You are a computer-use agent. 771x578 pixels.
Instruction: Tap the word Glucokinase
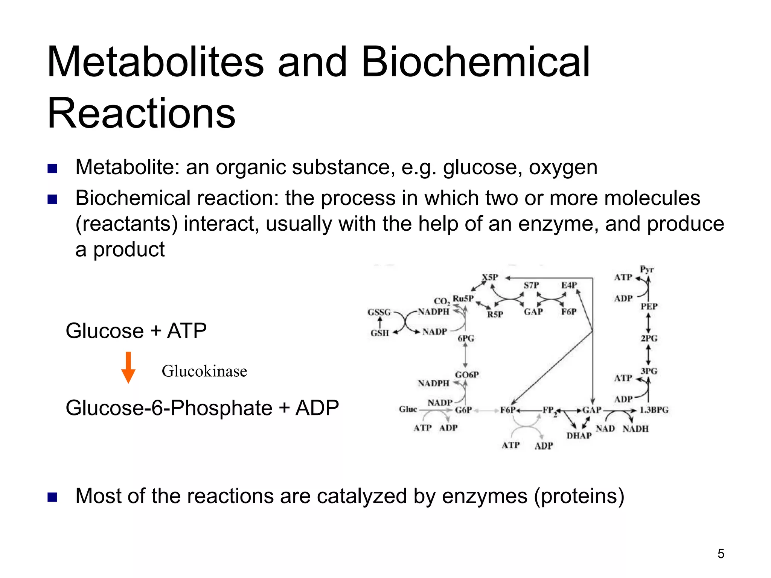[x=204, y=371]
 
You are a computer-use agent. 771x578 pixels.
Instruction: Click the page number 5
[x=721, y=554]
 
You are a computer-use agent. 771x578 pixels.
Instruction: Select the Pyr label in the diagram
[x=647, y=269]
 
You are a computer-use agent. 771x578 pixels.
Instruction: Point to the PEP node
[x=649, y=306]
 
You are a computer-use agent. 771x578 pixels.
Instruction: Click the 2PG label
[x=649, y=338]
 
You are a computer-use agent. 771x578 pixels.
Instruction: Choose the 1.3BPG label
[x=654, y=410]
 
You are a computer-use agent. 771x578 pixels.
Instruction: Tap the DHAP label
[x=579, y=435]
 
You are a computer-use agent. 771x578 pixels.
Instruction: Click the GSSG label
[x=379, y=312]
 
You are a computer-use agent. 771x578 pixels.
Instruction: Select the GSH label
[x=379, y=333]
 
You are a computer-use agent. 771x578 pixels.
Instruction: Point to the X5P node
[x=490, y=277]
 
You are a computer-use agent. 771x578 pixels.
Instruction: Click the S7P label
[x=531, y=285]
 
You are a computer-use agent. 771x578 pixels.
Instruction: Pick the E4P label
[x=569, y=285]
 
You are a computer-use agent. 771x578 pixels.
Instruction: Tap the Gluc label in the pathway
[x=408, y=409]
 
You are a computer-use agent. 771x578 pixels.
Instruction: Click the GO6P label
[x=467, y=375]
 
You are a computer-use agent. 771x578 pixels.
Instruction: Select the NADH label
[x=635, y=429]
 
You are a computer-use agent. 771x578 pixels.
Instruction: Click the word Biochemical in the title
[x=475, y=62]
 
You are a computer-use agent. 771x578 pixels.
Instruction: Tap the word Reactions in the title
[x=142, y=113]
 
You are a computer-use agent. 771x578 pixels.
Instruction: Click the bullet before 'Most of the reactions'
[x=52, y=497]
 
